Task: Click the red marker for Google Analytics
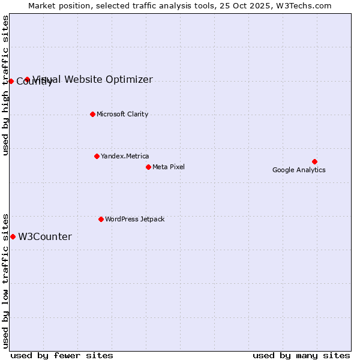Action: (314, 161)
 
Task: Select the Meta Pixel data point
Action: (148, 167)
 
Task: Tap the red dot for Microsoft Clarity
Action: (92, 114)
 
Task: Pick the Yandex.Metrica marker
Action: (97, 156)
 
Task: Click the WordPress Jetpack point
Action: (101, 219)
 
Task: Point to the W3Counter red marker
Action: (13, 236)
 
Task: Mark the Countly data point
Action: (11, 81)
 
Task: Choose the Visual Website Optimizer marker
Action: (27, 79)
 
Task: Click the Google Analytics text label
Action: (299, 170)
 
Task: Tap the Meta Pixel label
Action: (169, 167)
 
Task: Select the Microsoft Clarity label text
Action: (122, 114)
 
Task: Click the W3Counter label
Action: (45, 237)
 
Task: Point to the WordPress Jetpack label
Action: (134, 219)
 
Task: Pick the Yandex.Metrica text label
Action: (125, 156)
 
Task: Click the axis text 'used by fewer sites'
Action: (62, 355)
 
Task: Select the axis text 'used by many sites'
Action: (301, 355)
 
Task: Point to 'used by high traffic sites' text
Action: (6, 85)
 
